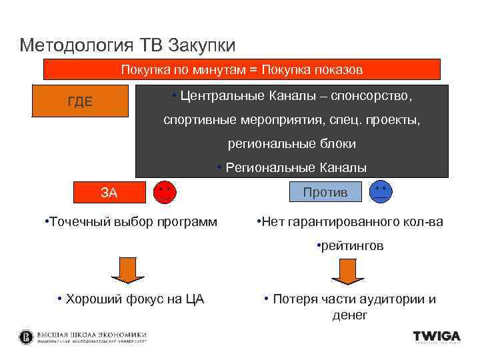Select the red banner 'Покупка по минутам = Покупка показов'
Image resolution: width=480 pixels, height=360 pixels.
point(241,69)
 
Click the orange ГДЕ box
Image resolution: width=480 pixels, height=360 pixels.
point(80,101)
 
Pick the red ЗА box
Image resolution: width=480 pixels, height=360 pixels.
point(108,193)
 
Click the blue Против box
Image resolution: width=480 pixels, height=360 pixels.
point(325,193)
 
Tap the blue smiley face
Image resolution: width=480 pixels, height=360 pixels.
point(382,192)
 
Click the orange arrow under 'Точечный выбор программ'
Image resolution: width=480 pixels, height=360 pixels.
point(128,271)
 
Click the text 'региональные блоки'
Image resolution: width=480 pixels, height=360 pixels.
point(291,143)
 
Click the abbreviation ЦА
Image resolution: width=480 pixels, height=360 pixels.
point(194,299)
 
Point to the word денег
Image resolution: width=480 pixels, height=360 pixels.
point(350,315)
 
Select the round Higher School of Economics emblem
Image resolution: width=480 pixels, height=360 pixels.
point(26,337)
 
